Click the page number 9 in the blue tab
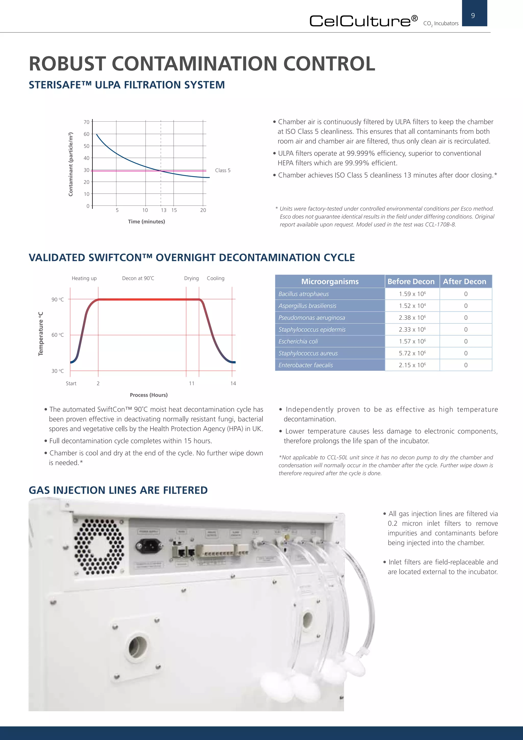click(473, 16)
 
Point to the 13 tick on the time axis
click(164, 210)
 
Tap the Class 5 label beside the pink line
click(222, 170)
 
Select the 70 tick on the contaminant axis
click(86, 122)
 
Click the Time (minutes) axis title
click(146, 222)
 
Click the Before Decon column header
click(411, 281)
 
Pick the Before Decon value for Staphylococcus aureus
click(412, 353)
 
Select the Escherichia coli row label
click(298, 341)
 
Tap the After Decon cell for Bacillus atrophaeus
click(466, 294)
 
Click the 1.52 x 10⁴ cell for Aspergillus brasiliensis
click(412, 306)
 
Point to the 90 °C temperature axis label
click(57, 299)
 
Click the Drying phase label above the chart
click(191, 278)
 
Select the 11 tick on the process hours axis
click(192, 383)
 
